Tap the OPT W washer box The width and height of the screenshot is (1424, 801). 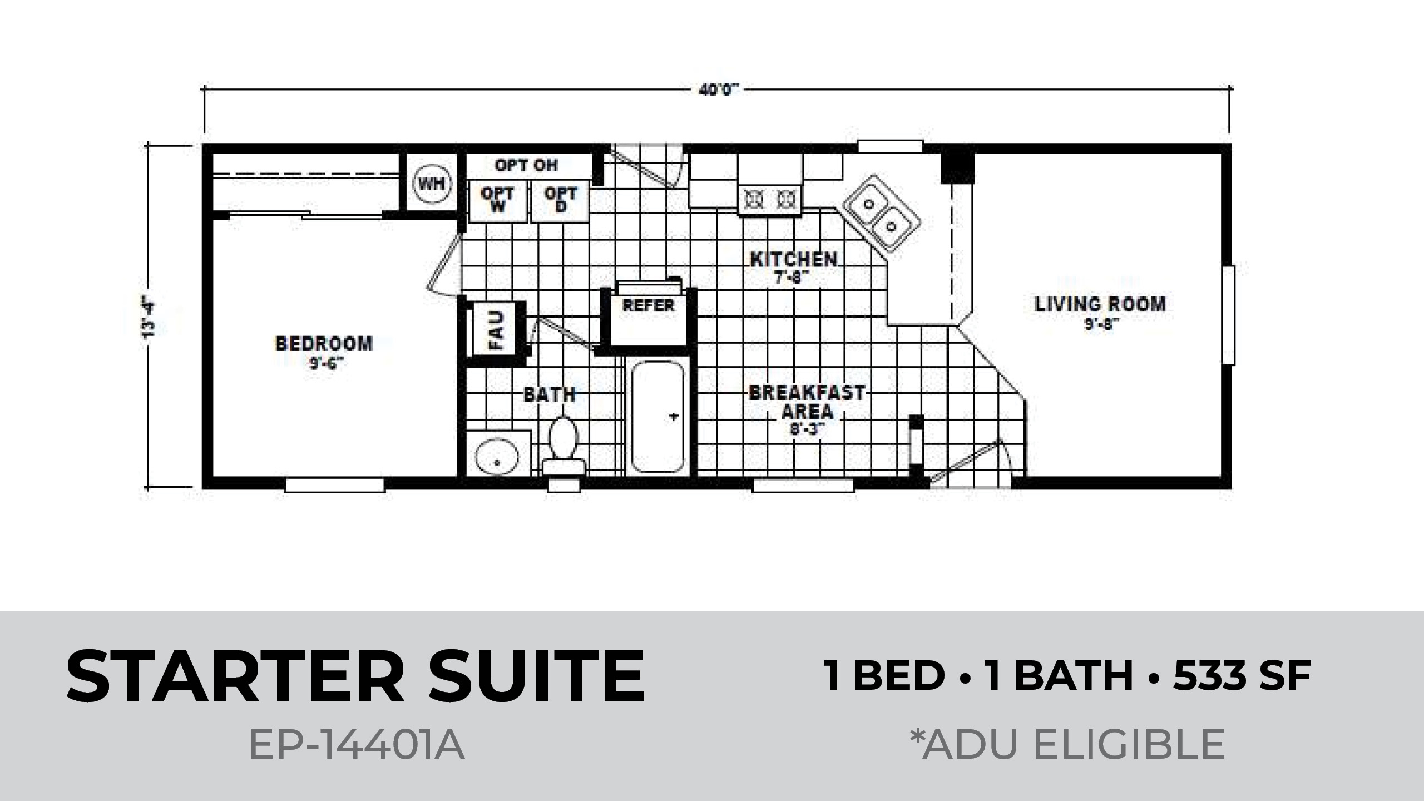tap(497, 200)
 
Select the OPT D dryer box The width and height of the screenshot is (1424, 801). tap(560, 200)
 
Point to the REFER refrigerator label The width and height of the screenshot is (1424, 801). tap(649, 305)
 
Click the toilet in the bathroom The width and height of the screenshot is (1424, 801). tap(564, 447)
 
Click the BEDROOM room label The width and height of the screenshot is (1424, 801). tap(324, 344)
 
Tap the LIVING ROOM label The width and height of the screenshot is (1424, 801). tap(1100, 304)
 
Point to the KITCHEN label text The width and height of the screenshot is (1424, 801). tap(794, 259)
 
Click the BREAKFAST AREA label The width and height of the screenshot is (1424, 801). tap(807, 402)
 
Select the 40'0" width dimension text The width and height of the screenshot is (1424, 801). tap(719, 90)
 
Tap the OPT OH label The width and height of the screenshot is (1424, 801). tap(526, 165)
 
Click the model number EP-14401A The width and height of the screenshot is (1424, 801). tap(357, 745)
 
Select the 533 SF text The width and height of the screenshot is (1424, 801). tap(1242, 676)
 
